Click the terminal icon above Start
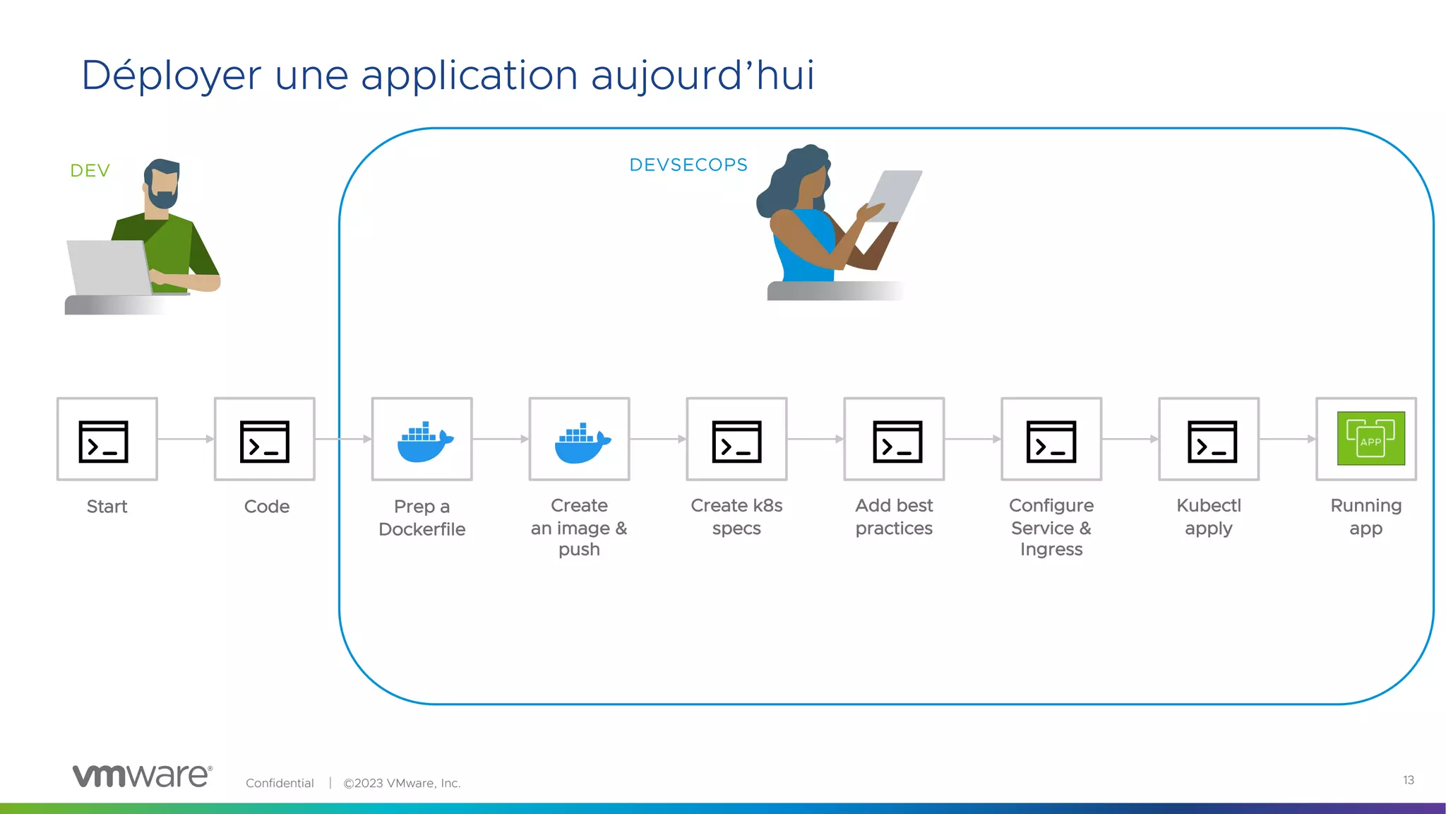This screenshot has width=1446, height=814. [x=104, y=442]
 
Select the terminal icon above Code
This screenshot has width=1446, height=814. [x=265, y=442]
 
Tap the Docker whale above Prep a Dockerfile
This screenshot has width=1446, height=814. [x=424, y=442]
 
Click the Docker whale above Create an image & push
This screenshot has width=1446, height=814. [x=581, y=442]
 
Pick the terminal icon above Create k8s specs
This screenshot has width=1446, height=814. [x=736, y=442]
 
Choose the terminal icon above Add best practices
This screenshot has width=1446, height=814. [x=897, y=442]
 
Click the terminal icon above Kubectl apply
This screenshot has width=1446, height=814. [x=1212, y=442]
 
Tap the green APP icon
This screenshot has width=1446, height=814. [x=1370, y=439]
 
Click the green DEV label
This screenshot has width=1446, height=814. [x=90, y=171]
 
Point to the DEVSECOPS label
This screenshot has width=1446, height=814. [x=688, y=165]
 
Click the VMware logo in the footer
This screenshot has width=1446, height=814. [x=142, y=776]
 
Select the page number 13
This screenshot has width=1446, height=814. [x=1408, y=780]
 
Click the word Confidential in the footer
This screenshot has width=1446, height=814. [x=280, y=783]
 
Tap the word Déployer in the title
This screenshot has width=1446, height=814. [x=172, y=76]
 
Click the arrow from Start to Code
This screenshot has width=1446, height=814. [x=186, y=439]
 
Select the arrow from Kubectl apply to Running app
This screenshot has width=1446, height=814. [x=1287, y=439]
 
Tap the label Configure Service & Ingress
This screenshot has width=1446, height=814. [x=1051, y=527]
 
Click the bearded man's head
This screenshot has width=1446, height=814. [x=163, y=183]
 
